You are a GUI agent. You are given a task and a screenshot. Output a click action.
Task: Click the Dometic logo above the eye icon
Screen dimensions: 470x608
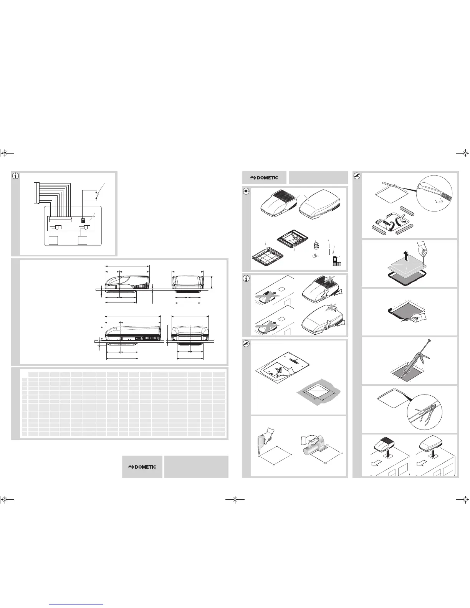[264, 178]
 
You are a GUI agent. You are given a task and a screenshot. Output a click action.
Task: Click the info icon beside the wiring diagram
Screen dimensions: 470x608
[16, 176]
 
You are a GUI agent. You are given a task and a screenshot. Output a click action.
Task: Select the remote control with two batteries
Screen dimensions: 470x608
[334, 261]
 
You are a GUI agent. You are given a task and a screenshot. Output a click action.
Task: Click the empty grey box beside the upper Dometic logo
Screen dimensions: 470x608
[318, 177]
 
